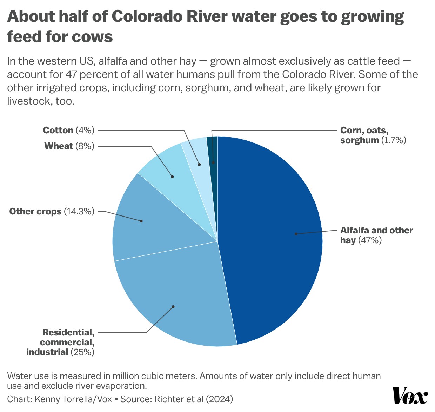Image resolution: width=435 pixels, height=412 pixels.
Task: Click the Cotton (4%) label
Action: [69, 130]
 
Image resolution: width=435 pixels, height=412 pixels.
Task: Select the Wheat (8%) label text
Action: [69, 146]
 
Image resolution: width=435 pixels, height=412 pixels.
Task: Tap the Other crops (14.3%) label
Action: [52, 211]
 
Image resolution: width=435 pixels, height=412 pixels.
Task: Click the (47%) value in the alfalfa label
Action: [370, 240]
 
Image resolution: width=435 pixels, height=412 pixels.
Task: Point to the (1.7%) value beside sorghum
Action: [394, 140]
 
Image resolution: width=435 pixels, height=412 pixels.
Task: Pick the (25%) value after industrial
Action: [82, 352]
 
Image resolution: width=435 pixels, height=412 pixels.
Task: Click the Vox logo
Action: [409, 396]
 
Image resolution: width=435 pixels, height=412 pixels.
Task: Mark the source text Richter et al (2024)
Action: [194, 399]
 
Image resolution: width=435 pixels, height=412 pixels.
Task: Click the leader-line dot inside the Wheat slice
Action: [172, 177]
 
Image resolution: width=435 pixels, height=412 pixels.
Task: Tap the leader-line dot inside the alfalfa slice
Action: [296, 234]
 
